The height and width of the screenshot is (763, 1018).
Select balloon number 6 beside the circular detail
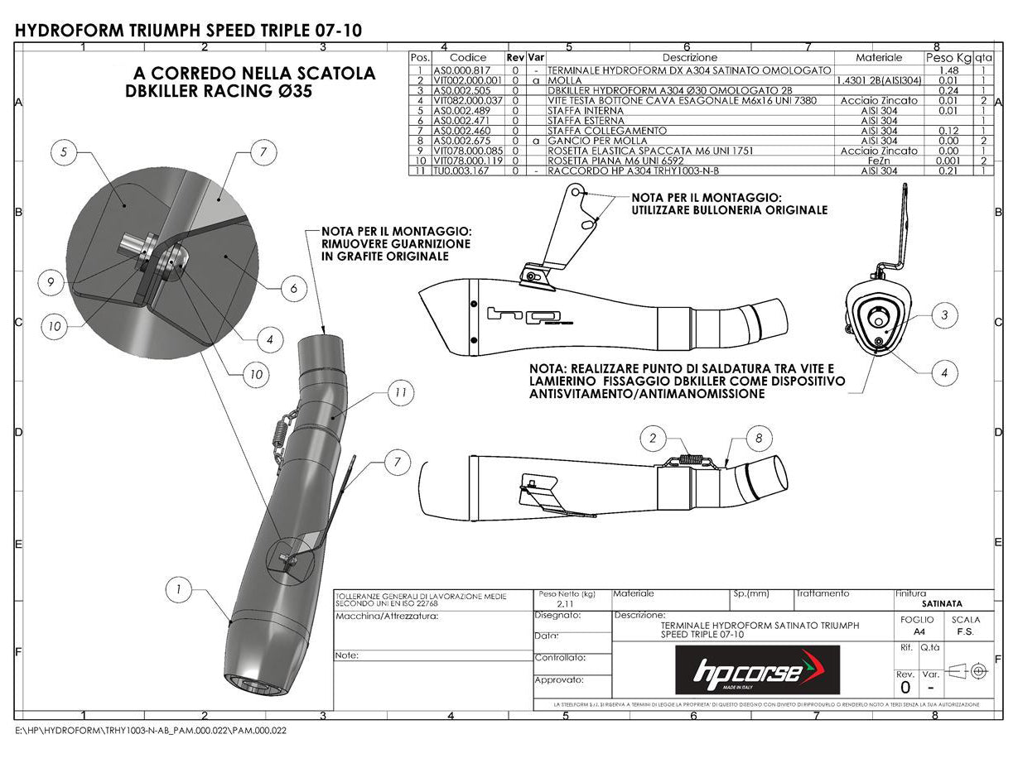coord(293,288)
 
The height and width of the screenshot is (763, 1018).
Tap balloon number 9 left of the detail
coord(51,283)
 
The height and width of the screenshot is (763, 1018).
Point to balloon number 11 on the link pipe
coord(400,394)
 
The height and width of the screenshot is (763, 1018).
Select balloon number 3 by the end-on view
coord(943,314)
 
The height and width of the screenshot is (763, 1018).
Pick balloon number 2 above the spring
coord(653,438)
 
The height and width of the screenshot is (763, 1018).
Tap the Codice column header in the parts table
coord(468,58)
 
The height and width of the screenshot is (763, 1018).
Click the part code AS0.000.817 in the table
coord(468,70)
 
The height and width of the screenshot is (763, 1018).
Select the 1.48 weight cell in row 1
coord(948,70)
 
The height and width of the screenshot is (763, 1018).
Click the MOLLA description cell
coord(565,80)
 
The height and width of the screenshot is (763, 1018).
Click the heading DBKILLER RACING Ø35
coord(219,92)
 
